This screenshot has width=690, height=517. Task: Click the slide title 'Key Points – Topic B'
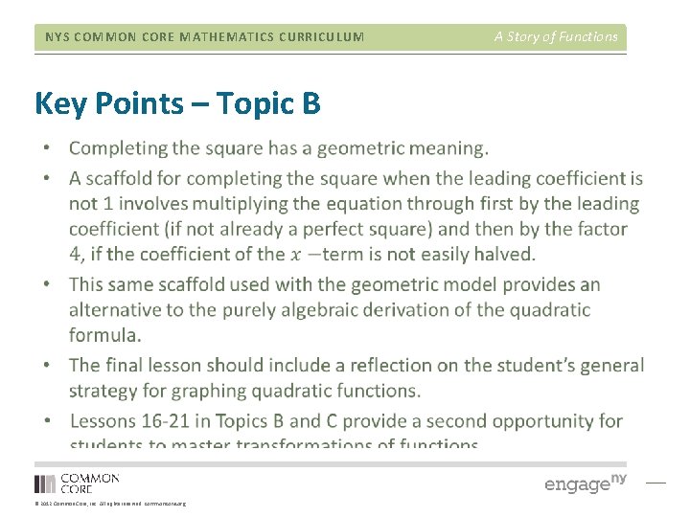pyautogui.click(x=177, y=103)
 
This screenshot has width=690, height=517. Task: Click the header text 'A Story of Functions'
pyautogui.click(x=556, y=36)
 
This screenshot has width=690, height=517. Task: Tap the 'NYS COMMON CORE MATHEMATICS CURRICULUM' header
pyautogui.click(x=205, y=37)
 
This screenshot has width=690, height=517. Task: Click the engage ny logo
pyautogui.click(x=585, y=483)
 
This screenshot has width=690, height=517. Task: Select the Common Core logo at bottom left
pyautogui.click(x=78, y=483)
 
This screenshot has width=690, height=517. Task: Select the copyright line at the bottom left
pyautogui.click(x=110, y=503)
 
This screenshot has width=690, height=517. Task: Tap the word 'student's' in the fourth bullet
pyautogui.click(x=540, y=365)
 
